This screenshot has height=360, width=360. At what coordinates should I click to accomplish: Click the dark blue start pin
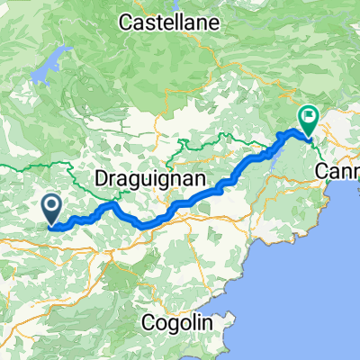[52, 210]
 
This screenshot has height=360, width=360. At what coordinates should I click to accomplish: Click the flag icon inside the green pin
[310, 115]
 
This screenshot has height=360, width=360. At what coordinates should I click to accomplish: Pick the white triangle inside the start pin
[52, 207]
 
